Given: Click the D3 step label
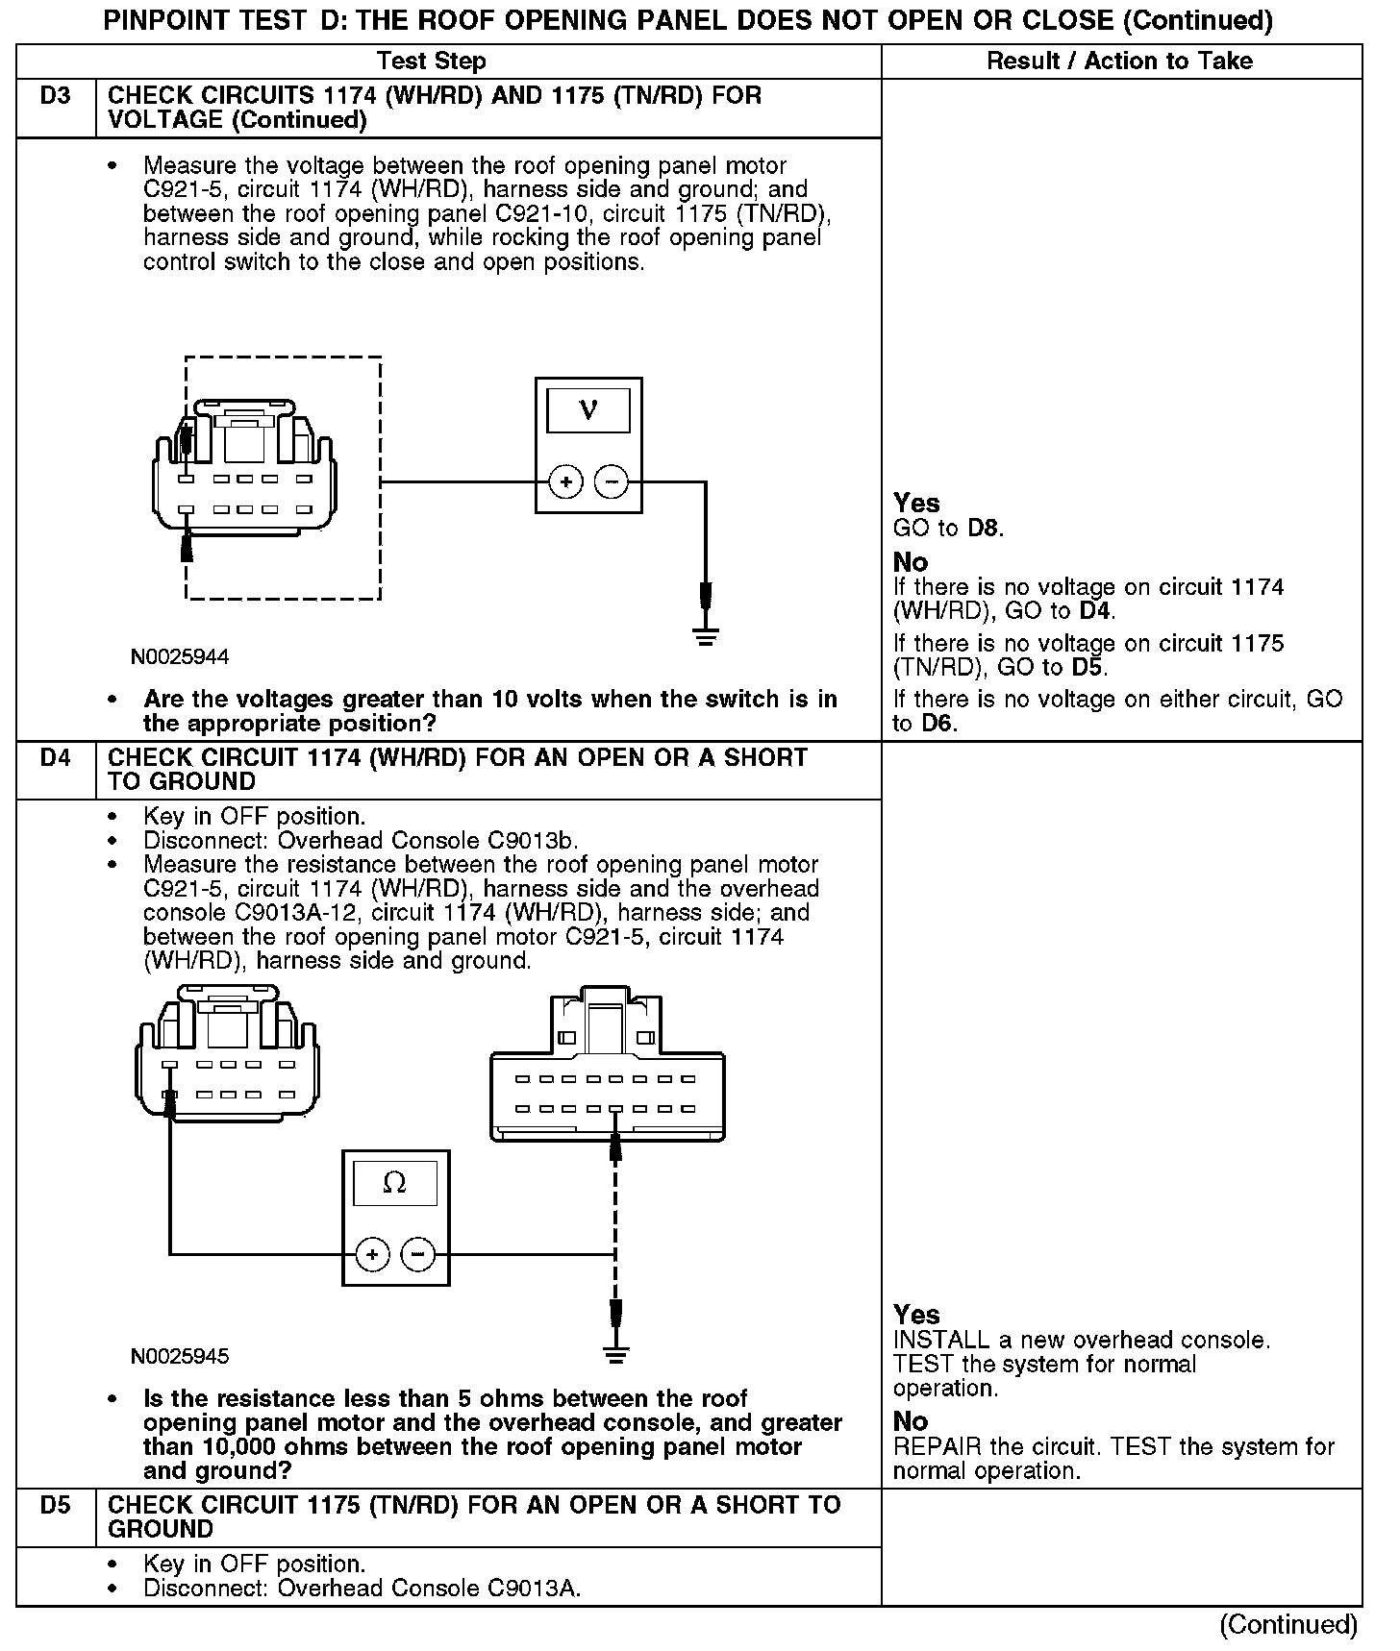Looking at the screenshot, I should pos(56,96).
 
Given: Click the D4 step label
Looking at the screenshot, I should pos(56,758).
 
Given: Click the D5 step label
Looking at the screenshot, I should pos(56,1506).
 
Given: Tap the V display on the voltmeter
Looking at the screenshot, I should pos(588,410).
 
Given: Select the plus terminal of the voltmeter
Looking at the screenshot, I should pos(565,482).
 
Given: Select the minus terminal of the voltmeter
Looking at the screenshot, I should pos(612,482).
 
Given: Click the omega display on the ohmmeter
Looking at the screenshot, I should pos(394,1183).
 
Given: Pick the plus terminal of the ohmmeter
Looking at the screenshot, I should pos(372,1254).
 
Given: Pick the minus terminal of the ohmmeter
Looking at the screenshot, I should pos(417,1254).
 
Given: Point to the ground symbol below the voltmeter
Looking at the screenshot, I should pos(706,636).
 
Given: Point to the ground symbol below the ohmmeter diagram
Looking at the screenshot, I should pos(615,1355).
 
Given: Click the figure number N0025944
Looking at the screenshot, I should pos(180,657).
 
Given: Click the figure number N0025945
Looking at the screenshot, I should pos(180,1357).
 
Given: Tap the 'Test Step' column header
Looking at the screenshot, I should pos(432,62).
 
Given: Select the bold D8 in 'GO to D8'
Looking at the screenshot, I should pos(985,529).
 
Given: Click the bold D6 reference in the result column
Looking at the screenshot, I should pos(938,724).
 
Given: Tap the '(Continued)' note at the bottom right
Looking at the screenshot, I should pos(1288,1624).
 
